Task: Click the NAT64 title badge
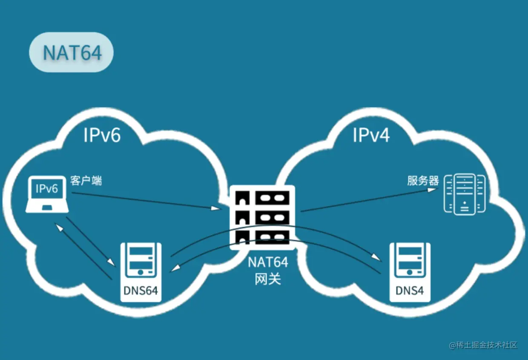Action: [71, 52]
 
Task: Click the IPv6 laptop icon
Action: [47, 195]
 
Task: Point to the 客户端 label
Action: [86, 181]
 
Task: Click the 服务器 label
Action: [423, 181]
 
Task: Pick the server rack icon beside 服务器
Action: [465, 194]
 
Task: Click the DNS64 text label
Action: [141, 291]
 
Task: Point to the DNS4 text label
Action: [410, 291]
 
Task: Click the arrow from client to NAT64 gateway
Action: [145, 201]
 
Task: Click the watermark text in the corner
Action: [483, 345]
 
